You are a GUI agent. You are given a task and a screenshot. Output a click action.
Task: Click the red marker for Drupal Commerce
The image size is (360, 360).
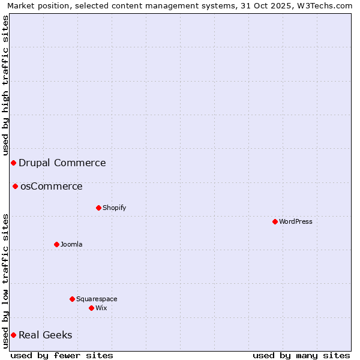point(13,163)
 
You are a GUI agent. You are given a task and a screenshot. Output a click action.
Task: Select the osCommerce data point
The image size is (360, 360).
point(16,187)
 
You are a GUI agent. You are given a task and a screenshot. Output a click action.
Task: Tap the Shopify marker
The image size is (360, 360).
point(98,208)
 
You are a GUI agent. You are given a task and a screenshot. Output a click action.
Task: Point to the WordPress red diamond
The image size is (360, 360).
point(275,222)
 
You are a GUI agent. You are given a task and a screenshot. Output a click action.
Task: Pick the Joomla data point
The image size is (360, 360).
point(56,245)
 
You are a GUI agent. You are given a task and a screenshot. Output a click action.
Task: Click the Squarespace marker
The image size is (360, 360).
point(72,299)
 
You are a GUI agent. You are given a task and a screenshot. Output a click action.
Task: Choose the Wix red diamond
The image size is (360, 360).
point(91,308)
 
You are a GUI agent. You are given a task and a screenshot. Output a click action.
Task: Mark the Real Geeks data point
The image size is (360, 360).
point(13,335)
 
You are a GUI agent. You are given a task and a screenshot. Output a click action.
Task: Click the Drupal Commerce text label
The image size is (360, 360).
point(62,163)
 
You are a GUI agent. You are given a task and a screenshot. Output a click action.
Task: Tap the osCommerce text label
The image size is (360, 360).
point(51,187)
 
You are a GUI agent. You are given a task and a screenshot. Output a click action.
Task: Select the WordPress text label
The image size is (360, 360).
point(295,222)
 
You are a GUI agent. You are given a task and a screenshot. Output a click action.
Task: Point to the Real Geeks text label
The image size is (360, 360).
point(45,335)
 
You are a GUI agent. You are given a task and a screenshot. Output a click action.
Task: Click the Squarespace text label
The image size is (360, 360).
point(97,299)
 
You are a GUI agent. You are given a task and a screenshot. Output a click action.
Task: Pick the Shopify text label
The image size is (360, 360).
point(114,208)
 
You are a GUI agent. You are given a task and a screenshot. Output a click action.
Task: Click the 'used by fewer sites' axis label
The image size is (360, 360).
point(62,355)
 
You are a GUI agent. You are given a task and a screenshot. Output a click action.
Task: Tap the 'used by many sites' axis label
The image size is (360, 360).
point(301,355)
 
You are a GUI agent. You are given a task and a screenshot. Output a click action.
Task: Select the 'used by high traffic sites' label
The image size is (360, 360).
point(5,81)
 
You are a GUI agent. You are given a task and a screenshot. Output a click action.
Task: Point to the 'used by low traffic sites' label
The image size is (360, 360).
point(5,281)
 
